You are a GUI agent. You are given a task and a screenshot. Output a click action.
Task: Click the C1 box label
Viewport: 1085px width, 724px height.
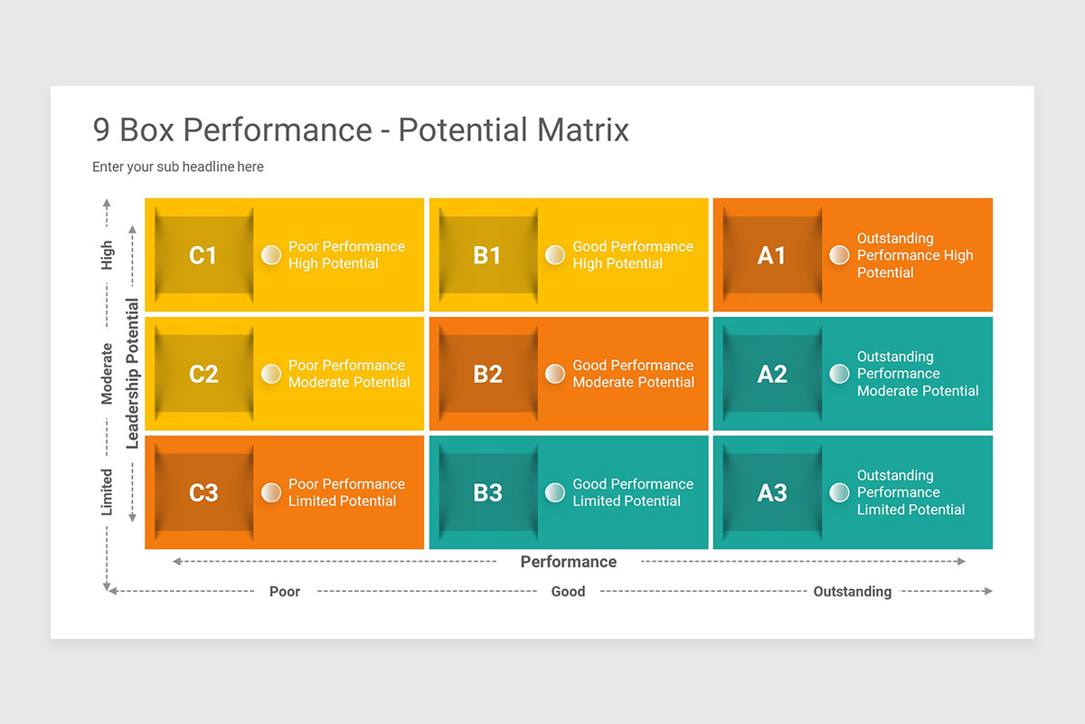pos(203,255)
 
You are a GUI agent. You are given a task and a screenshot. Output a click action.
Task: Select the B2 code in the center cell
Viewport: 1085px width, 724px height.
pos(487,374)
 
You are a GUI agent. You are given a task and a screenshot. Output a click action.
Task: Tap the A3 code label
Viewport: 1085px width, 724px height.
pos(771,492)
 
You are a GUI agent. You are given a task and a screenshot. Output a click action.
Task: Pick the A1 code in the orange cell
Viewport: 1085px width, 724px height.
pos(771,255)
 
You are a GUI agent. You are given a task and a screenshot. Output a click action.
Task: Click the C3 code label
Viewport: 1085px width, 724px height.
pos(203,492)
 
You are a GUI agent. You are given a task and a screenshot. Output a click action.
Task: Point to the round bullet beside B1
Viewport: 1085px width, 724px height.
pos(555,255)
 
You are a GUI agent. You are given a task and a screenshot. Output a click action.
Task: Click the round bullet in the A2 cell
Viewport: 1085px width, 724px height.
pos(839,374)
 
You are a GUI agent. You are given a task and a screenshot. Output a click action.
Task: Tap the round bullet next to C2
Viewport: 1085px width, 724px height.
pos(271,374)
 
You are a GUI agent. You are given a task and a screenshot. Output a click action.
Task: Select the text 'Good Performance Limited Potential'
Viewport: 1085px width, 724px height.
pos(632,492)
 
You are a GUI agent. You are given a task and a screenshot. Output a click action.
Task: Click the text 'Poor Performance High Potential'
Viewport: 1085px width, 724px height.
pos(346,255)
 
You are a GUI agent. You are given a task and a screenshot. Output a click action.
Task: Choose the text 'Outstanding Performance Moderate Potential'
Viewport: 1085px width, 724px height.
pos(917,374)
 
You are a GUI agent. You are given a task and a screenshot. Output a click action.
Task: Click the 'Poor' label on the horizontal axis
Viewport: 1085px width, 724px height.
pos(285,592)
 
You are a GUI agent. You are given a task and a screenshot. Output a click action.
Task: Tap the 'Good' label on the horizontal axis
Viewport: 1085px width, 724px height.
pos(568,592)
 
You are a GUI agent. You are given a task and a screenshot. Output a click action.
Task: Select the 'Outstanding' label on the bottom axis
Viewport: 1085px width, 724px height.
pos(852,592)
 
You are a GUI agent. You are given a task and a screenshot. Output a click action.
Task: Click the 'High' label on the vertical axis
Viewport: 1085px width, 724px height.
pos(108,255)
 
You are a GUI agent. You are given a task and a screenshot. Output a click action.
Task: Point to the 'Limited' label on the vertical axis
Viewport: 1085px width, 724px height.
pos(108,492)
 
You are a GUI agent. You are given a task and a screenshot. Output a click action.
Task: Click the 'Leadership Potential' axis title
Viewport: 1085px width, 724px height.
pos(133,374)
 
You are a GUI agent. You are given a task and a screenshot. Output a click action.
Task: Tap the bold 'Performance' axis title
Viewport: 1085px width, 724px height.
pos(568,562)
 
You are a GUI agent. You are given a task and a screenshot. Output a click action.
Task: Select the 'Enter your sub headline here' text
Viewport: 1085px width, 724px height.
pos(178,167)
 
